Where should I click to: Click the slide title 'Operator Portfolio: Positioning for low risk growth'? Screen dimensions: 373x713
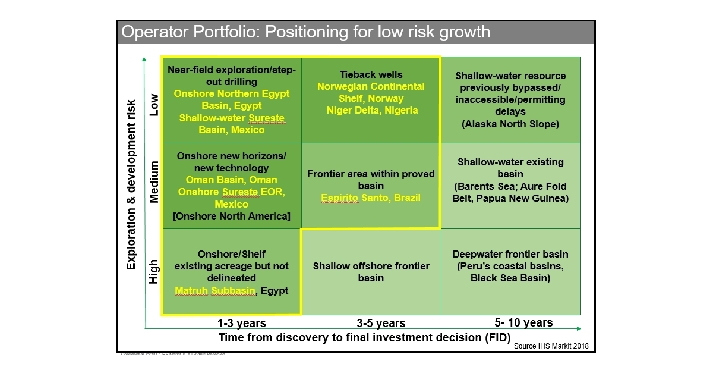(306, 32)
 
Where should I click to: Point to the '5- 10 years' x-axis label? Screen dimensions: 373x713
(523, 323)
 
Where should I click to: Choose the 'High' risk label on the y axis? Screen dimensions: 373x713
(154, 271)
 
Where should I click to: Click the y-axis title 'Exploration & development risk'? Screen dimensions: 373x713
(132, 184)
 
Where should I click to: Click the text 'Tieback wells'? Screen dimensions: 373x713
(371, 75)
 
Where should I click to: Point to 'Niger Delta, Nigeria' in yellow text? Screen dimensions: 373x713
(372, 110)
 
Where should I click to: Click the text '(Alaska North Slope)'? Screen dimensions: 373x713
(510, 124)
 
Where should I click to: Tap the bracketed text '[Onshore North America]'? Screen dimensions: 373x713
(231, 216)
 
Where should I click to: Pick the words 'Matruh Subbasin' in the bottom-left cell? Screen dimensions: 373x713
(215, 291)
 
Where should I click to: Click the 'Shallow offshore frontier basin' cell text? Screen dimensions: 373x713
(371, 272)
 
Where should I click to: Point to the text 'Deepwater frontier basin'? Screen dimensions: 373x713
(510, 253)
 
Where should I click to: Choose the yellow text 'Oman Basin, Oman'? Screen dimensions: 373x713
(231, 180)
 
